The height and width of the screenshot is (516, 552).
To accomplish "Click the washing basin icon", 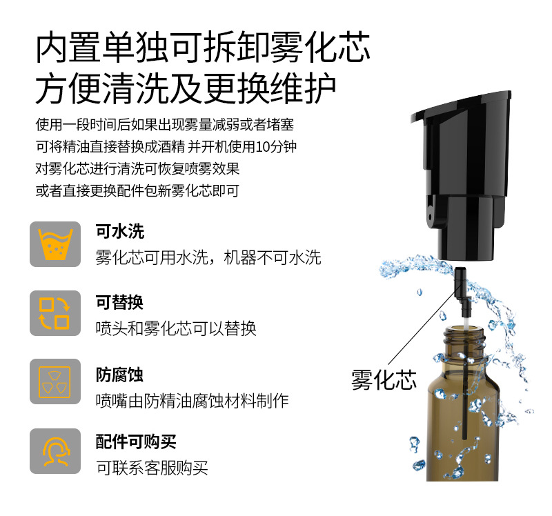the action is [x=55, y=244].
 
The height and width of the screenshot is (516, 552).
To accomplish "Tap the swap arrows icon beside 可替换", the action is [x=55, y=313].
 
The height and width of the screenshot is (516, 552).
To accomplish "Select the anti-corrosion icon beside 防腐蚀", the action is [x=55, y=381].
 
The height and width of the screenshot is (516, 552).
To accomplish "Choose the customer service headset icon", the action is [x=55, y=451].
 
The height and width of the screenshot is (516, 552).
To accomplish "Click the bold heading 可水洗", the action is [x=119, y=231].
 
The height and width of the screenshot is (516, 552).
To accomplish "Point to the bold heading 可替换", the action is [x=119, y=302].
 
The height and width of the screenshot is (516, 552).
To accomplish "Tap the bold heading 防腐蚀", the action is [x=119, y=375].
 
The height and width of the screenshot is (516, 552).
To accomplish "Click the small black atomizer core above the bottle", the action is [x=460, y=290].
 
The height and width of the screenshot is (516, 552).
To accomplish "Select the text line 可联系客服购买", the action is [x=152, y=468].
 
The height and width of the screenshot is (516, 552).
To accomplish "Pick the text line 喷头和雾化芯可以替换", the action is [x=176, y=328].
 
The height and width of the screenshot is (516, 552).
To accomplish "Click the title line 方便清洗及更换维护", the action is [x=186, y=88].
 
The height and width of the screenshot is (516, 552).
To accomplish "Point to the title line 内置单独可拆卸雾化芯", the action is [x=203, y=48].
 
